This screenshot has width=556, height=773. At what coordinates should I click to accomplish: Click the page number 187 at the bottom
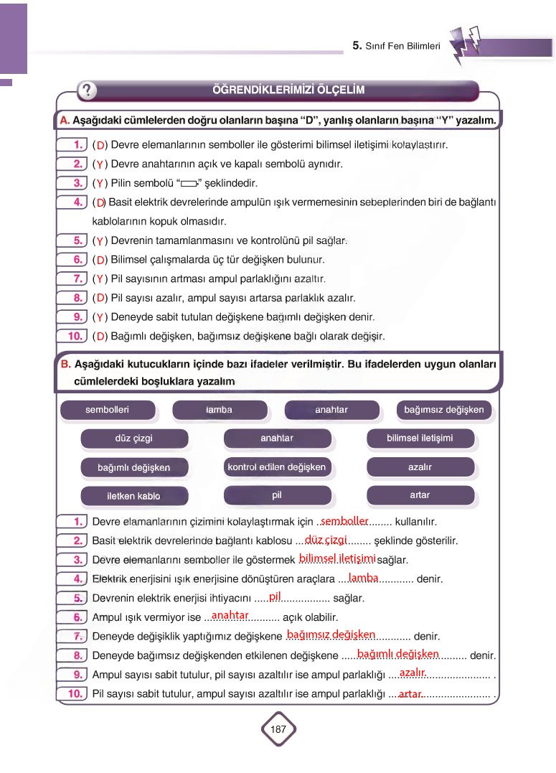point(278,729)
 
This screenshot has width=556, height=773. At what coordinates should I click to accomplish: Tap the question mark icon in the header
point(87,90)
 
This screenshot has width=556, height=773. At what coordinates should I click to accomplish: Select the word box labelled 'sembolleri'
point(108,410)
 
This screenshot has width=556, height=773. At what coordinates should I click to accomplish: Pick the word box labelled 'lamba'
point(220,410)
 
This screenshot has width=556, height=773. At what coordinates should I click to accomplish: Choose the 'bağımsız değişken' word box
point(443,410)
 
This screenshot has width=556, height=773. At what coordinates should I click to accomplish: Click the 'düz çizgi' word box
point(134,438)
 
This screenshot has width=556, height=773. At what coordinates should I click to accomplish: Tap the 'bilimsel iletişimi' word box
point(420,438)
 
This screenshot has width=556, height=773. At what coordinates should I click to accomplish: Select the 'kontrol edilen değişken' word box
point(276,467)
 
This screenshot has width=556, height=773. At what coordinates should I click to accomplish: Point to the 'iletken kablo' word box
point(134,496)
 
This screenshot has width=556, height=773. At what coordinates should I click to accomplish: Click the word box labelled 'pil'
point(276,495)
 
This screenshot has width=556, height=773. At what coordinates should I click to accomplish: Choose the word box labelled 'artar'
point(420,495)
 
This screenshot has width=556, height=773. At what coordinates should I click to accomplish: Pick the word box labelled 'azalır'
point(420,467)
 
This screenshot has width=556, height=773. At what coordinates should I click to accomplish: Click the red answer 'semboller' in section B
point(344,520)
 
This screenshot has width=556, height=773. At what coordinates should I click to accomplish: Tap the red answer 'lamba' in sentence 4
point(363,578)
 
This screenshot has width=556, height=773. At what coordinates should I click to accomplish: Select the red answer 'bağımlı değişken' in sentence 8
point(397,654)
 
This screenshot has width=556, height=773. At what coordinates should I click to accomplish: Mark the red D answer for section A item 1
point(100,146)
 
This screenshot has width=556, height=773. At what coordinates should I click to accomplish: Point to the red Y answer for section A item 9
point(100,317)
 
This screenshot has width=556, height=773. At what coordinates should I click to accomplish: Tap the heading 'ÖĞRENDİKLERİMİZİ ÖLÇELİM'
point(288,90)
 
